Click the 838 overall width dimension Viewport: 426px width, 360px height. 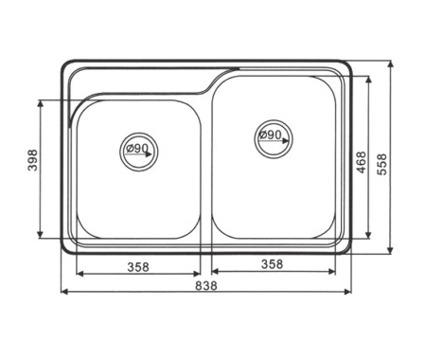pos(206,285)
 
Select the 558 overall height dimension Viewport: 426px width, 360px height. pos(382,164)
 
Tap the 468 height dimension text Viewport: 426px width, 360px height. pos(361,162)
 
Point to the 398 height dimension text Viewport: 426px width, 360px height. pos(32,160)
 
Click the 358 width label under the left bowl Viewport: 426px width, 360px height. pos(138,267)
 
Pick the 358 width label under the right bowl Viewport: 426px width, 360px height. pos(272,264)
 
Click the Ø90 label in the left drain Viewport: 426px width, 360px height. pos(137,148)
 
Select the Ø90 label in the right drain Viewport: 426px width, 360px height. pos(270,135)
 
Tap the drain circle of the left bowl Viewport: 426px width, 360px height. pos(139,133)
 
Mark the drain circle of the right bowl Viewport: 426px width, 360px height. pos(274,119)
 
